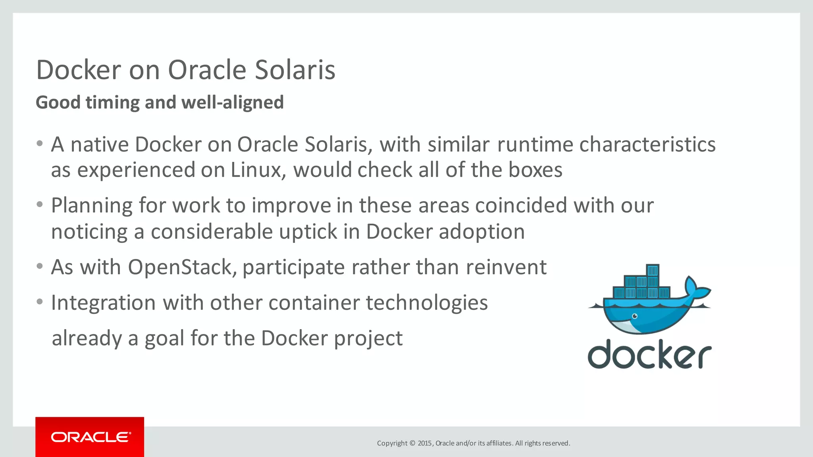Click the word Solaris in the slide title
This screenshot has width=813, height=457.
tap(295, 70)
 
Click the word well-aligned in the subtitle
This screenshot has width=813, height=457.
tap(233, 102)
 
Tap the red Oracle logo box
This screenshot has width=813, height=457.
tap(90, 437)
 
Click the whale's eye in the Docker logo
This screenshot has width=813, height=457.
tap(635, 316)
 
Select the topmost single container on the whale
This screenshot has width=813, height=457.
tap(653, 271)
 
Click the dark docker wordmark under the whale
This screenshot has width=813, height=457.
tap(649, 354)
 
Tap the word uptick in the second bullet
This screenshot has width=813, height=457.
tap(308, 231)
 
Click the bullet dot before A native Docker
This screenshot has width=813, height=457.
tap(39, 144)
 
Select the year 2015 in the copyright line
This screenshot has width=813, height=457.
tap(425, 443)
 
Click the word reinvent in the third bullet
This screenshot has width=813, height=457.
tap(506, 267)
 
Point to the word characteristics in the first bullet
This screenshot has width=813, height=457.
tap(647, 144)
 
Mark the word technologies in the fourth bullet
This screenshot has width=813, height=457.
tap(427, 303)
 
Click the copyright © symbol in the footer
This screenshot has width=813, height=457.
tap(412, 443)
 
